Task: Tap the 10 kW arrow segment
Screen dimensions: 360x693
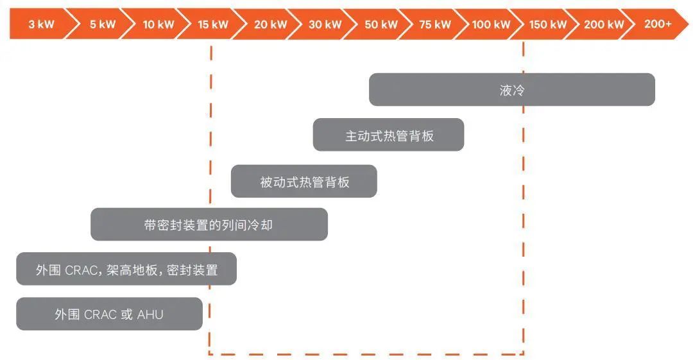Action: click(x=158, y=24)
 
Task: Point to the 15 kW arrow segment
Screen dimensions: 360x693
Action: click(x=213, y=24)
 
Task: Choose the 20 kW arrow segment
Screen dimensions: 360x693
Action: click(x=270, y=24)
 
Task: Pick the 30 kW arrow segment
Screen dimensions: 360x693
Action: click(x=325, y=24)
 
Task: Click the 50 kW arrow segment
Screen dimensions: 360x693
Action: click(x=381, y=24)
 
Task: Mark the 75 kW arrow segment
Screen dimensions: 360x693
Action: click(x=435, y=24)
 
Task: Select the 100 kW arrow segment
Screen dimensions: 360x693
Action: click(x=491, y=24)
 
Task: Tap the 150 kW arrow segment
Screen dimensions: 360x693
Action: click(x=547, y=24)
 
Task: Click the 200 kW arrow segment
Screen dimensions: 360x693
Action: click(x=603, y=24)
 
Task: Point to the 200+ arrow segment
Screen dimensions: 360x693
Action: click(x=658, y=24)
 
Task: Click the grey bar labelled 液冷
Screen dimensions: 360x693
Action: click(x=512, y=90)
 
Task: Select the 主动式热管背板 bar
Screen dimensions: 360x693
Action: click(x=388, y=135)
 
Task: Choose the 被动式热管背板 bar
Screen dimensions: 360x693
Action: click(x=304, y=182)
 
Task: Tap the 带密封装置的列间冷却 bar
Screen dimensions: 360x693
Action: click(x=209, y=225)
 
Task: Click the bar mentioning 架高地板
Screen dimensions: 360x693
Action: click(x=126, y=270)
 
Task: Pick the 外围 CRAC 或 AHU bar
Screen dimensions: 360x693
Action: click(x=109, y=314)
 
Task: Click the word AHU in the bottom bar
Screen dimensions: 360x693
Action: click(x=150, y=314)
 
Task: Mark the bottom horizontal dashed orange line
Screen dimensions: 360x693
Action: click(x=366, y=353)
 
